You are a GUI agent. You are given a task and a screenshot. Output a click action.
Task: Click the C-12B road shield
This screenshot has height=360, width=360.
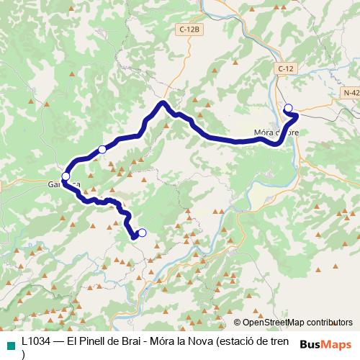click(x=190, y=30)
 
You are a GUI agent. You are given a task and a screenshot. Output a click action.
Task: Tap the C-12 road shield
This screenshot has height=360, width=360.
click(x=286, y=68)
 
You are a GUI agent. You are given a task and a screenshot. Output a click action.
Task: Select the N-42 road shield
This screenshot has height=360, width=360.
click(x=351, y=93)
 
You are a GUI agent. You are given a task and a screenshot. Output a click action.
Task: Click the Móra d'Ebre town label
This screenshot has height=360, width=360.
click(x=276, y=132)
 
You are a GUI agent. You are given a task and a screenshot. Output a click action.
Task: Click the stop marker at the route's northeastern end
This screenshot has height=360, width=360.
click(x=289, y=109)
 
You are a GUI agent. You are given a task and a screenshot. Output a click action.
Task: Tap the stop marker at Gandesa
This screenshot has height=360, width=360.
click(x=66, y=176)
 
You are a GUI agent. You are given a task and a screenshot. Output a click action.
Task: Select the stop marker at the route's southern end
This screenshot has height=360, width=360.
click(x=142, y=232)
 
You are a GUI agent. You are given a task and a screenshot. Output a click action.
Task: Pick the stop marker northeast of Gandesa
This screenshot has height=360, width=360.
click(x=102, y=149)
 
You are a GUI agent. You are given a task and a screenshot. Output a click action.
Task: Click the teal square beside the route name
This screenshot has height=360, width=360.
click(x=9, y=343)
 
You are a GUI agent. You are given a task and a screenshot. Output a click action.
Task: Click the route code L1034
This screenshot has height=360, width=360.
click(x=37, y=342)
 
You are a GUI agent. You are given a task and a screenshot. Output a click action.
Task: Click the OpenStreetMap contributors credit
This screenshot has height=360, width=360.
click(x=292, y=323)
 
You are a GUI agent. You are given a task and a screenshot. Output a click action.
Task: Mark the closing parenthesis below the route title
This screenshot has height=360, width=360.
click(x=24, y=354)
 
